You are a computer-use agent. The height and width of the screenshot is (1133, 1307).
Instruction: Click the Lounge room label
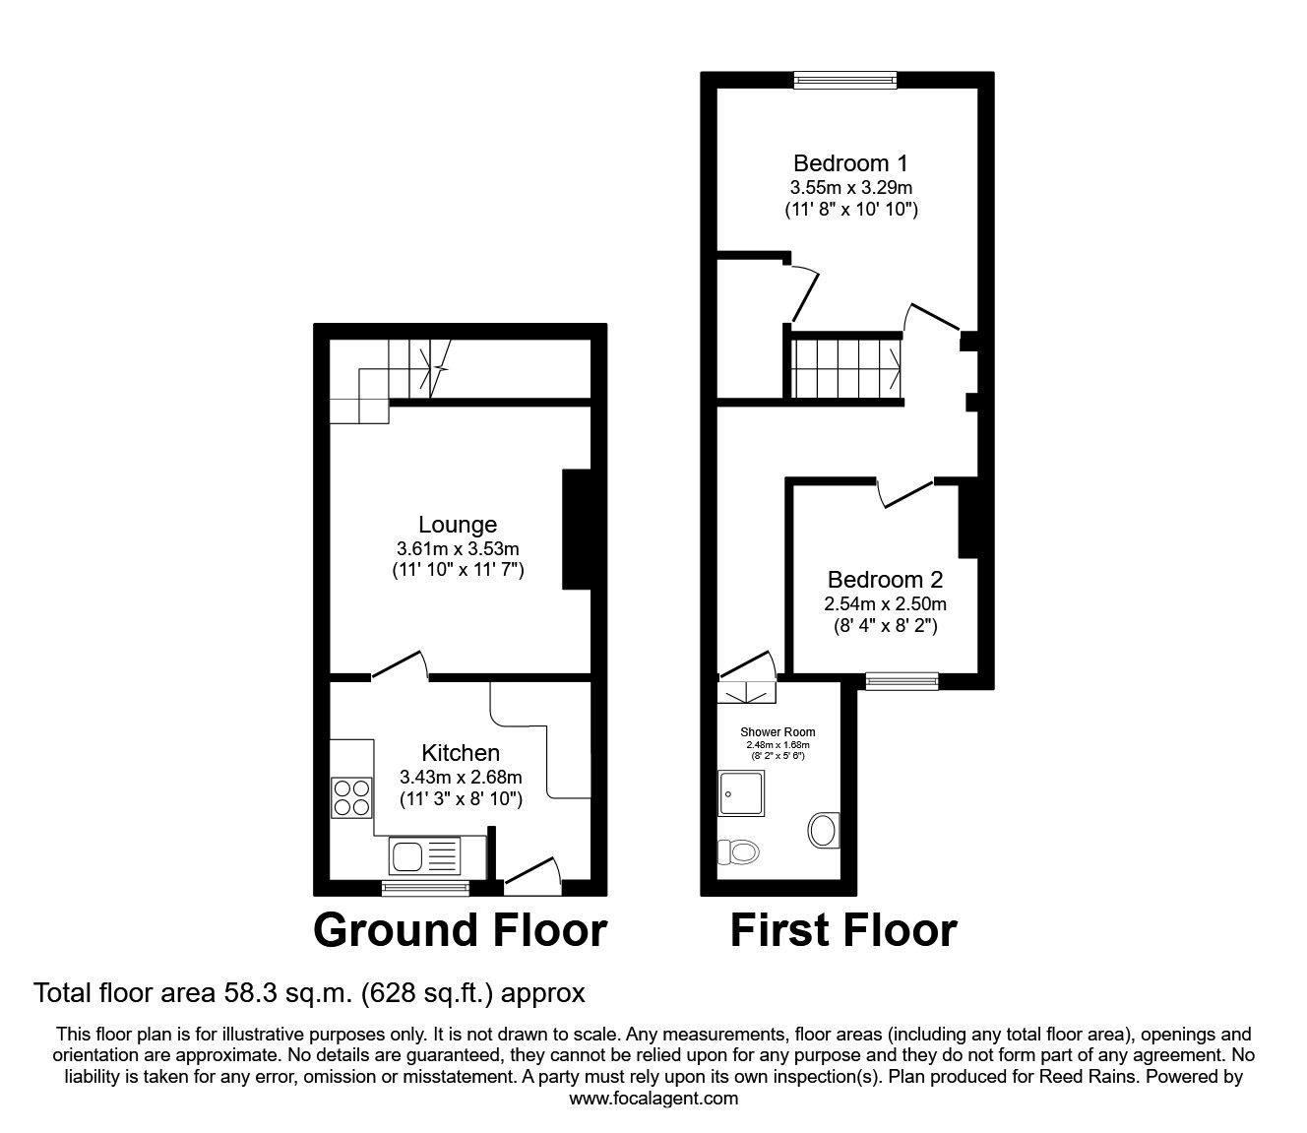click(458, 525)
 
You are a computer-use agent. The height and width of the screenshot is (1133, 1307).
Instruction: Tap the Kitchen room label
click(460, 753)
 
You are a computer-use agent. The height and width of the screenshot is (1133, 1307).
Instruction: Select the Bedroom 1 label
click(850, 163)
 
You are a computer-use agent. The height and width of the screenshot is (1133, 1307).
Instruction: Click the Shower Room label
click(778, 732)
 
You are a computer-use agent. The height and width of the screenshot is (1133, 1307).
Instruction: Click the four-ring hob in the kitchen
click(352, 797)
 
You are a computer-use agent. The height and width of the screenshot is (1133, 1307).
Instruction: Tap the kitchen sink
click(424, 854)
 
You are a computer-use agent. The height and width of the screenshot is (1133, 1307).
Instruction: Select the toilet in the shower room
click(736, 851)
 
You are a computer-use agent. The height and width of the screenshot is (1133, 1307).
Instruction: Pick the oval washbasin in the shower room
click(823, 830)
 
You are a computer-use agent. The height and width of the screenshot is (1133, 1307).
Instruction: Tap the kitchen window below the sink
click(425, 888)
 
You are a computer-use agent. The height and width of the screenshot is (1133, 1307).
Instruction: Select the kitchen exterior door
click(531, 876)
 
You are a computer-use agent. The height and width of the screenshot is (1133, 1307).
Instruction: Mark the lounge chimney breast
click(574, 530)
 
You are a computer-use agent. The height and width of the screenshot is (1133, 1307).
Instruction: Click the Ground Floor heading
click(460, 930)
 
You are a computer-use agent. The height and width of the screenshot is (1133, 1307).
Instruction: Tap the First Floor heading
click(842, 930)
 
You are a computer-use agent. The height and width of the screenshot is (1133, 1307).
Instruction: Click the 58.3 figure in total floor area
click(241, 993)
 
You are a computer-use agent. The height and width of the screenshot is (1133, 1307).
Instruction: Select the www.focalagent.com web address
click(653, 1099)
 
